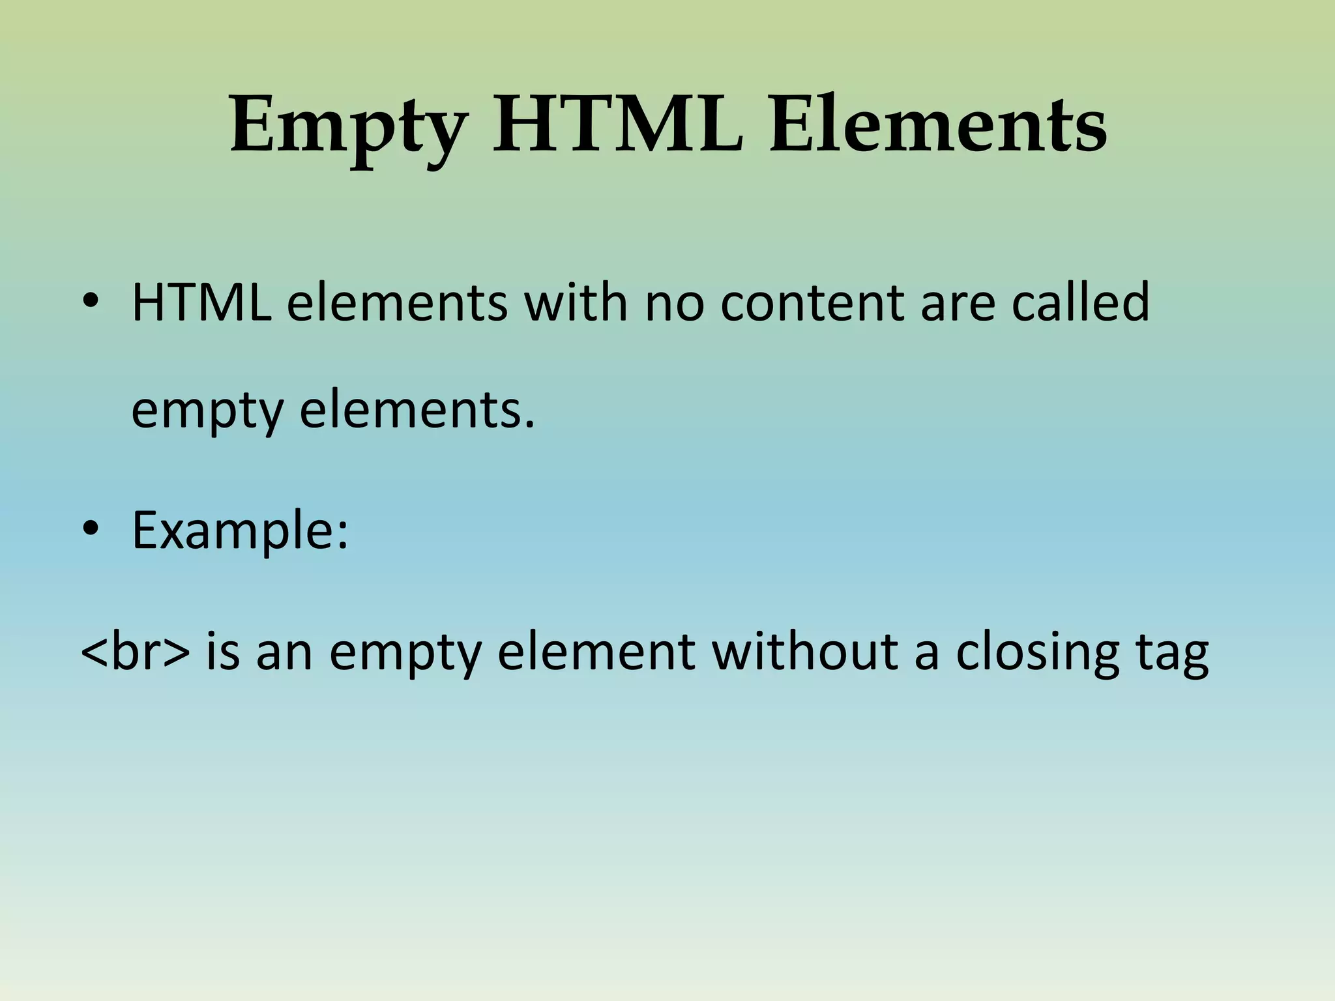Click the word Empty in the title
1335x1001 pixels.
pyautogui.click(x=349, y=127)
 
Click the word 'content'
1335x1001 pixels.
pyautogui.click(x=812, y=303)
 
